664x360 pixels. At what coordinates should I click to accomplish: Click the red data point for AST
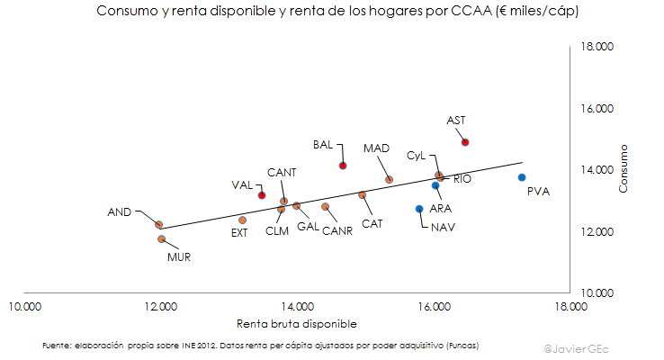point(465,142)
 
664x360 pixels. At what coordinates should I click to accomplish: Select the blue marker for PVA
point(522,177)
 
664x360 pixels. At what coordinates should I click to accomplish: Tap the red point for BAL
point(343,166)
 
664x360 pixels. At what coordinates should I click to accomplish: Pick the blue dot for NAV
point(419,209)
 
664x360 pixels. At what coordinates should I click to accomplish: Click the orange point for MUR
point(161,239)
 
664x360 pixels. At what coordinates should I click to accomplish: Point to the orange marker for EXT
point(242,220)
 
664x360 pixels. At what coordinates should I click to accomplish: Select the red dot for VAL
point(262,195)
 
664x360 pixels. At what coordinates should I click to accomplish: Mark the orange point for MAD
point(389,180)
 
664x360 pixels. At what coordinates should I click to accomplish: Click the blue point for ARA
point(435,185)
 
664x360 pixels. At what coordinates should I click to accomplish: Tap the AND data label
point(120,212)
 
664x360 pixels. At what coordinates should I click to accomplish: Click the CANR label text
point(337,230)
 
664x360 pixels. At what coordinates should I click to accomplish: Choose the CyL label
point(416,155)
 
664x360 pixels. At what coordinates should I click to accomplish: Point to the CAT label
point(371,223)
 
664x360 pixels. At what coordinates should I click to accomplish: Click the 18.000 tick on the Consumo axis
point(597,47)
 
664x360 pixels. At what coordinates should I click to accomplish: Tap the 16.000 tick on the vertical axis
point(597,109)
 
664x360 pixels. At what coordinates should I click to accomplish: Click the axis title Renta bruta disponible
point(297,323)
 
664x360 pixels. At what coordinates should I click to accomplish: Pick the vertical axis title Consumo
point(623,169)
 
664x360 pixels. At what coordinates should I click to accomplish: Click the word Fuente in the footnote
point(58,345)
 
